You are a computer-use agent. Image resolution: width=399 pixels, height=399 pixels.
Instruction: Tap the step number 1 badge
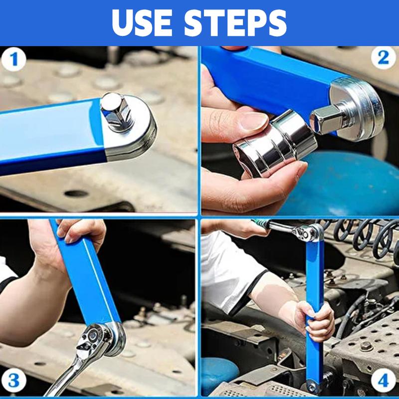click(x=14, y=60)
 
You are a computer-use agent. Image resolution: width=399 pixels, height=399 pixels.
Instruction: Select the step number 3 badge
click(x=14, y=382)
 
